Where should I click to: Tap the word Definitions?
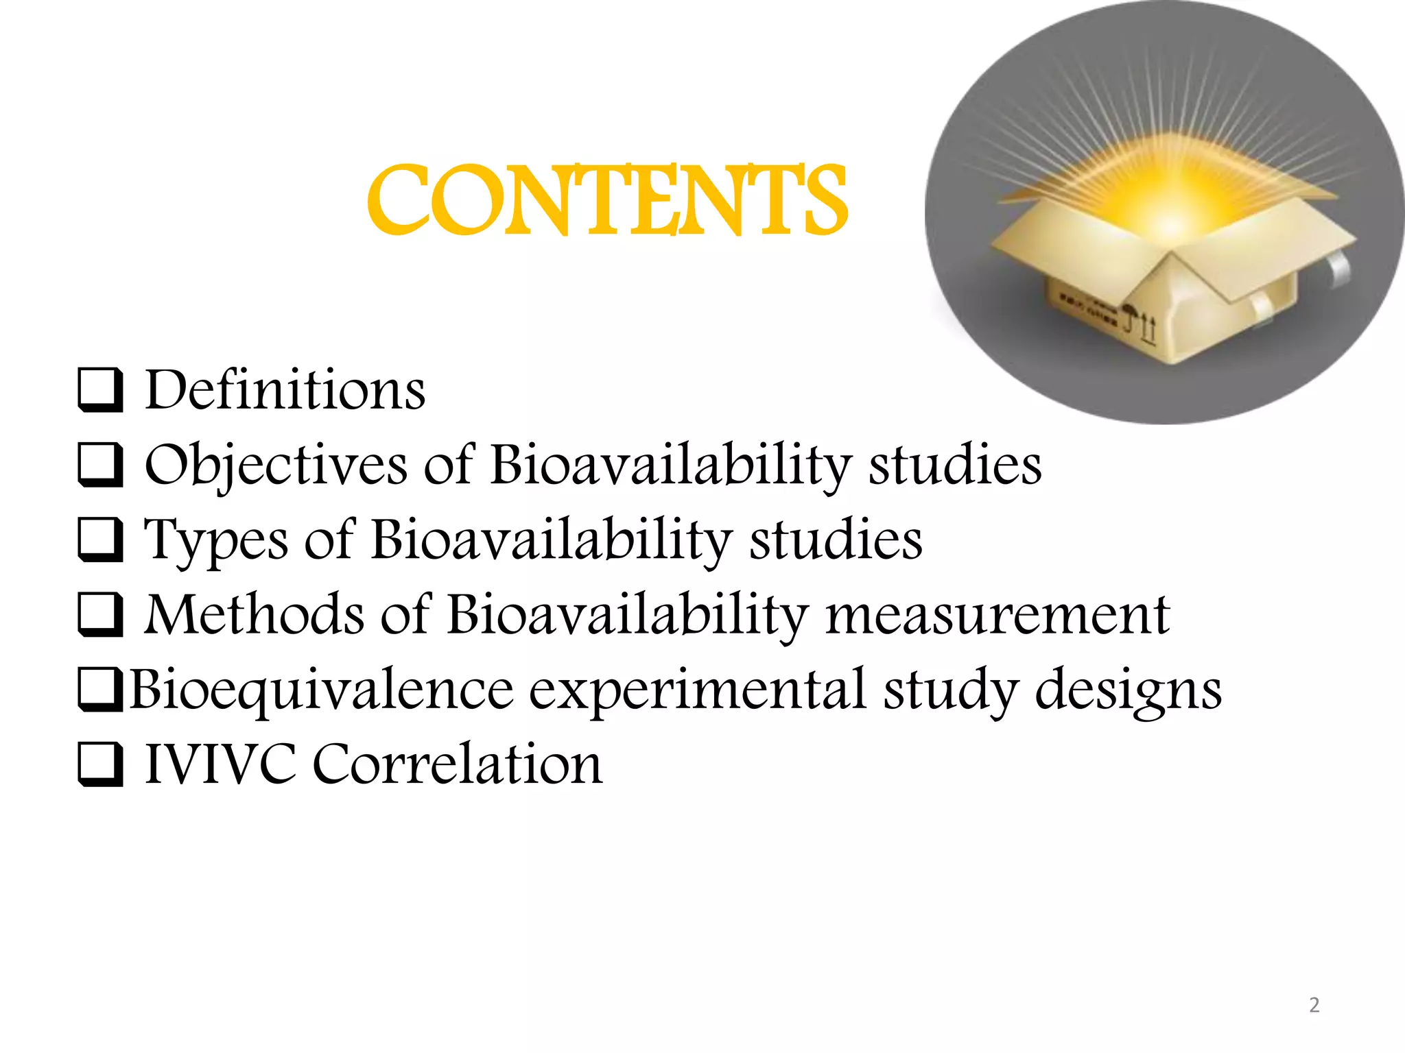pyautogui.click(x=285, y=390)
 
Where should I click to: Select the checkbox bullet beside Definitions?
pyautogui.click(x=100, y=391)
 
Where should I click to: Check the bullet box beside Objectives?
pyautogui.click(x=100, y=465)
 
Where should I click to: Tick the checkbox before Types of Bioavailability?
pyautogui.click(x=100, y=540)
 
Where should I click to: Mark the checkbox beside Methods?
pyautogui.click(x=100, y=615)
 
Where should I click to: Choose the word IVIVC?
pyautogui.click(x=220, y=764)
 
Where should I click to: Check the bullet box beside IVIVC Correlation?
pyautogui.click(x=100, y=764)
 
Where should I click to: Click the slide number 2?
pyautogui.click(x=1314, y=1005)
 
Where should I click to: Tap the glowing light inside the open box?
pyautogui.click(x=1170, y=213)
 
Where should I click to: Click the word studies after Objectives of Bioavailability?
pyautogui.click(x=955, y=465)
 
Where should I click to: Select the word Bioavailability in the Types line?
pyautogui.click(x=552, y=540)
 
